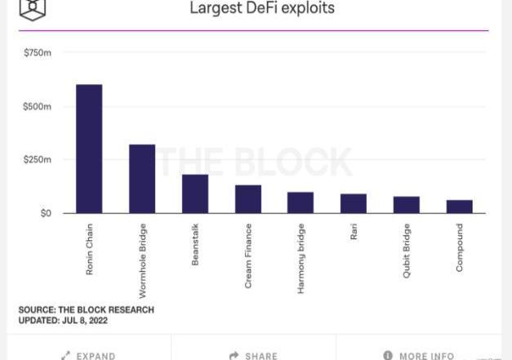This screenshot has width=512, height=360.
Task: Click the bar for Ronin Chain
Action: pyautogui.click(x=89, y=149)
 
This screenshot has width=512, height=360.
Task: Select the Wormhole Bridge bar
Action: pyautogui.click(x=142, y=179)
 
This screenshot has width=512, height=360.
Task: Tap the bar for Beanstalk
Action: pyautogui.click(x=195, y=193)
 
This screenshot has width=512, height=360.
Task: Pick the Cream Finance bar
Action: pyautogui.click(x=248, y=199)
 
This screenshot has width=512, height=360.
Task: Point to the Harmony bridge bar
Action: pyautogui.click(x=301, y=202)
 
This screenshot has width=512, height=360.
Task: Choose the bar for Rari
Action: pyautogui.click(x=354, y=203)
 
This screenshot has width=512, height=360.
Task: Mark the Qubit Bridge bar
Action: pyautogui.click(x=406, y=205)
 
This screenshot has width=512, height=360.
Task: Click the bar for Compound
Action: pyautogui.click(x=459, y=207)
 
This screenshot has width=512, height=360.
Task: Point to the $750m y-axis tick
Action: pyautogui.click(x=37, y=53)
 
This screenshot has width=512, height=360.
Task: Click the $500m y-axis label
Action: pyautogui.click(x=37, y=107)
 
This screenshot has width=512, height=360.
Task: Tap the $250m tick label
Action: pyautogui.click(x=37, y=159)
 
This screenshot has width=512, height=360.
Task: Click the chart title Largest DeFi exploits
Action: pyautogui.click(x=262, y=9)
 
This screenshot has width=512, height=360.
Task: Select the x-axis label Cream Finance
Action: pyautogui.click(x=248, y=256)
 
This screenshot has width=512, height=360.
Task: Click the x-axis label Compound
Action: pyautogui.click(x=459, y=247)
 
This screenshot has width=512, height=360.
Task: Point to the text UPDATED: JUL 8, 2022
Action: pyautogui.click(x=63, y=321)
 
